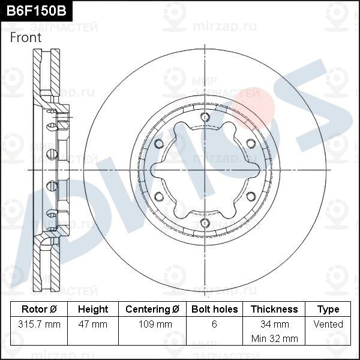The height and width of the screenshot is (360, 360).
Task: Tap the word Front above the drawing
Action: (x=26, y=37)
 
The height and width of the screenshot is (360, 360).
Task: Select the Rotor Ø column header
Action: (x=39, y=310)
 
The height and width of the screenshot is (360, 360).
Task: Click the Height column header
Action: (x=93, y=310)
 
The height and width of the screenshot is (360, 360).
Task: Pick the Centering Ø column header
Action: (x=152, y=310)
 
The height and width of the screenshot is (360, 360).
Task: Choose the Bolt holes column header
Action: (x=214, y=310)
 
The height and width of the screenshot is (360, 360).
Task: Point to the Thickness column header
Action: (x=274, y=310)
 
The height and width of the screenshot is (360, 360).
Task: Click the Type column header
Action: (x=328, y=310)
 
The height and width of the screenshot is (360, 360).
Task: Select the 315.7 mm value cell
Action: (x=39, y=325)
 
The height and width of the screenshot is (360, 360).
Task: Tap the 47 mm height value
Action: (x=93, y=325)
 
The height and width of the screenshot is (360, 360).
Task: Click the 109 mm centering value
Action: (x=152, y=325)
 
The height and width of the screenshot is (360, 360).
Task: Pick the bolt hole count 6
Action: (x=214, y=325)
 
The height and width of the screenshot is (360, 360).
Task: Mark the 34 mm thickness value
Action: (x=274, y=325)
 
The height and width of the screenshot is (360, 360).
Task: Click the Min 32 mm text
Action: (x=274, y=338)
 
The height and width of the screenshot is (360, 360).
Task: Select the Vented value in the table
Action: (x=328, y=325)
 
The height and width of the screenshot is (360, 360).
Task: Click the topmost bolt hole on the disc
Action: (x=205, y=117)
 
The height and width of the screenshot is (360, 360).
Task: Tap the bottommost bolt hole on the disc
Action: (x=205, y=223)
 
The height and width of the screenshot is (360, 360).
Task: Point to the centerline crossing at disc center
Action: (x=205, y=170)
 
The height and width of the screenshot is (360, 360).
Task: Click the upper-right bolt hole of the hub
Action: (x=250, y=143)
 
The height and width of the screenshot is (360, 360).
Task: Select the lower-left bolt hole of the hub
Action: (x=158, y=197)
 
